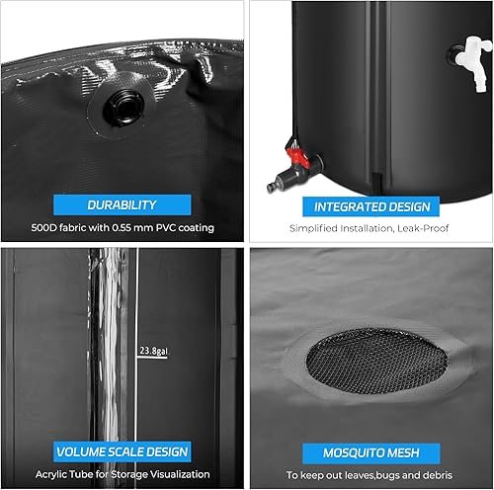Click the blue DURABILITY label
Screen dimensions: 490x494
point(122,204)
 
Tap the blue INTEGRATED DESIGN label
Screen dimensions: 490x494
point(371,206)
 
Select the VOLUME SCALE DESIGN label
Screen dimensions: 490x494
point(122,451)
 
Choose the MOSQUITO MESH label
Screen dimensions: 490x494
point(370,452)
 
